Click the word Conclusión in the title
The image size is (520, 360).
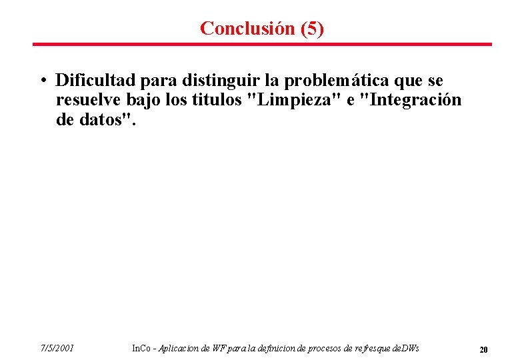coord(238,28)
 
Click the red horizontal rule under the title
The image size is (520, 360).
coord(262,45)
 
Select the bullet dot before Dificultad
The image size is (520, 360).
coord(42,81)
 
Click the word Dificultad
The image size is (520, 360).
coord(96,81)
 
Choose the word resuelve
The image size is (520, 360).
coord(84,101)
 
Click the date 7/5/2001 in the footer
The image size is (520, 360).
coord(56,348)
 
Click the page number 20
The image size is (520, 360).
coord(484,349)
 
